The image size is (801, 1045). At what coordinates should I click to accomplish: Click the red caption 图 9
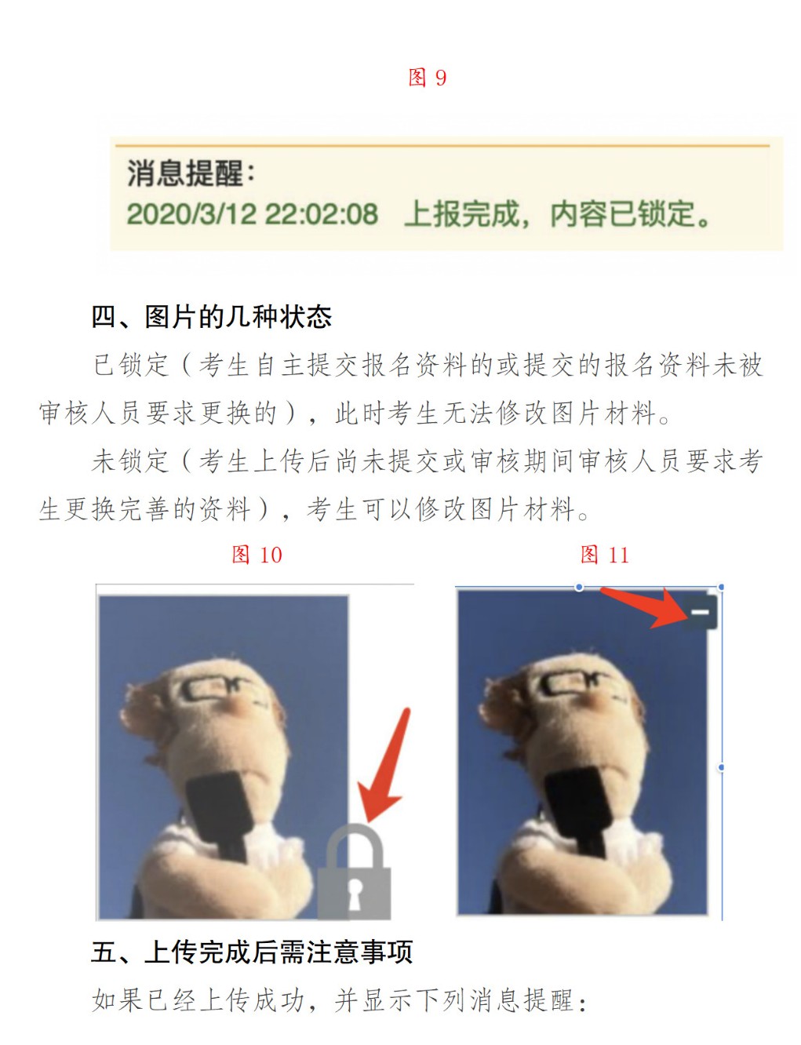[427, 78]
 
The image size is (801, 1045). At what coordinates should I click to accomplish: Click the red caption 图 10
[257, 555]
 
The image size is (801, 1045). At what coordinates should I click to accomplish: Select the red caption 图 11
[604, 555]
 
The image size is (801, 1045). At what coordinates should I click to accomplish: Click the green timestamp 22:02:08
[321, 214]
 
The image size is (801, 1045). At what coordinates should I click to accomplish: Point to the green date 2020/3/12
[191, 214]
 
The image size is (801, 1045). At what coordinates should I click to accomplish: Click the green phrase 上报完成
[461, 214]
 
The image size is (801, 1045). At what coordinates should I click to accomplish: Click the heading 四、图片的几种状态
[212, 317]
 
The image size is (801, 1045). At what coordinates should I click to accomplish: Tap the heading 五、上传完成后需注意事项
[252, 952]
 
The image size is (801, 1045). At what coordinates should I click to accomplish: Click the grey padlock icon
[355, 872]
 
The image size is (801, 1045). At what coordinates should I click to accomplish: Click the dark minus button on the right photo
[700, 612]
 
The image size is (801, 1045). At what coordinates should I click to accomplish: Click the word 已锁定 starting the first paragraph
[131, 365]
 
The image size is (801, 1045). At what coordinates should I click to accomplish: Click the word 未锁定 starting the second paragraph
[131, 461]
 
